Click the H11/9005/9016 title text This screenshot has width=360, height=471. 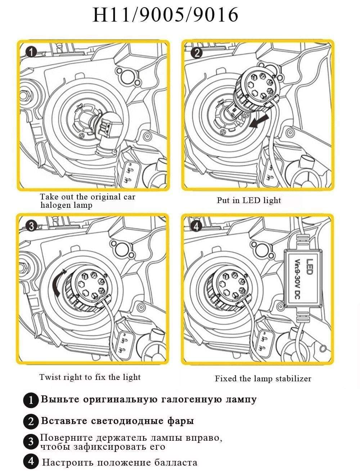click(x=165, y=15)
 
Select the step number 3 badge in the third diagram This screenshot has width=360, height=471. click(x=31, y=226)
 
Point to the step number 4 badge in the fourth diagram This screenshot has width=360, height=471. click(x=196, y=226)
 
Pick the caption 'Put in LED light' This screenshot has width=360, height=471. click(x=249, y=200)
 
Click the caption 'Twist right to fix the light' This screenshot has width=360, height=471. click(x=90, y=377)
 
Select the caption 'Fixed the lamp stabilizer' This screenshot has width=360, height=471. click(x=263, y=378)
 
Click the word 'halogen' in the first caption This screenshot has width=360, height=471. click(x=54, y=205)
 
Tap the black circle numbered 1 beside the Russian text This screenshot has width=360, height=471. click(x=31, y=400)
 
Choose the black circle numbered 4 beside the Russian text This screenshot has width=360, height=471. click(x=31, y=462)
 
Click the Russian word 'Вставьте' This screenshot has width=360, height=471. click(x=64, y=421)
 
